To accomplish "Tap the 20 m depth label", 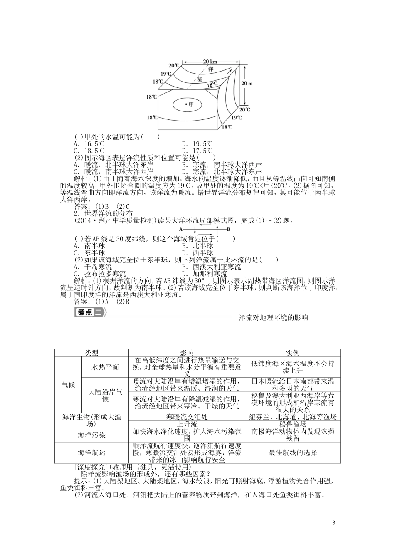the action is [x=247, y=83].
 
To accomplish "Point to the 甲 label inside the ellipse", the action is [x=190, y=104].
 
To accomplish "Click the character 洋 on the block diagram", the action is [x=211, y=69].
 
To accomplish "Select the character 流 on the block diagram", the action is [x=200, y=79].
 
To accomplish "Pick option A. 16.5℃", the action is [x=89, y=144].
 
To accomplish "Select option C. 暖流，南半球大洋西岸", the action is [x=114, y=171].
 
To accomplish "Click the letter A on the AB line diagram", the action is [x=181, y=229].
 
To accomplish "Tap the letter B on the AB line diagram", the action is [x=228, y=229].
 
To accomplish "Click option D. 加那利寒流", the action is [x=205, y=274].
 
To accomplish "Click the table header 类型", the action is [x=91, y=353].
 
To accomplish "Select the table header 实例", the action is [x=293, y=353].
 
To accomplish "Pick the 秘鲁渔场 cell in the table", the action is [x=293, y=424].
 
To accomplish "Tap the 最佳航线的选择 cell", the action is [x=293, y=453].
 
